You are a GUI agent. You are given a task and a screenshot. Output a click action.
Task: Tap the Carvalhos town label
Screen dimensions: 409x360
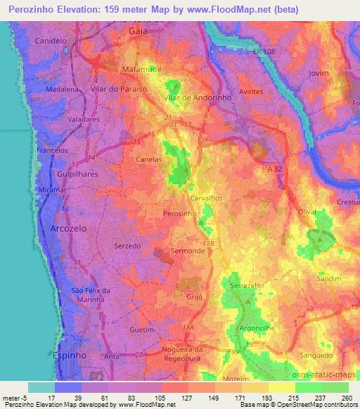206,199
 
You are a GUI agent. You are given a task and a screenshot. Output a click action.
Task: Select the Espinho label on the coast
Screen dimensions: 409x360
68,356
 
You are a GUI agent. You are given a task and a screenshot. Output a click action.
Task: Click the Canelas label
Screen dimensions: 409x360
150,160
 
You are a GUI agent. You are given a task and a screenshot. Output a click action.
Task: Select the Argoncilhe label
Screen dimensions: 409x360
253,328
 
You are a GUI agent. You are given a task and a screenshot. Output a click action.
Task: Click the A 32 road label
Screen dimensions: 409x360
276,169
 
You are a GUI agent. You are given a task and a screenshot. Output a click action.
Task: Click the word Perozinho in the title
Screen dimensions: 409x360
39,10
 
